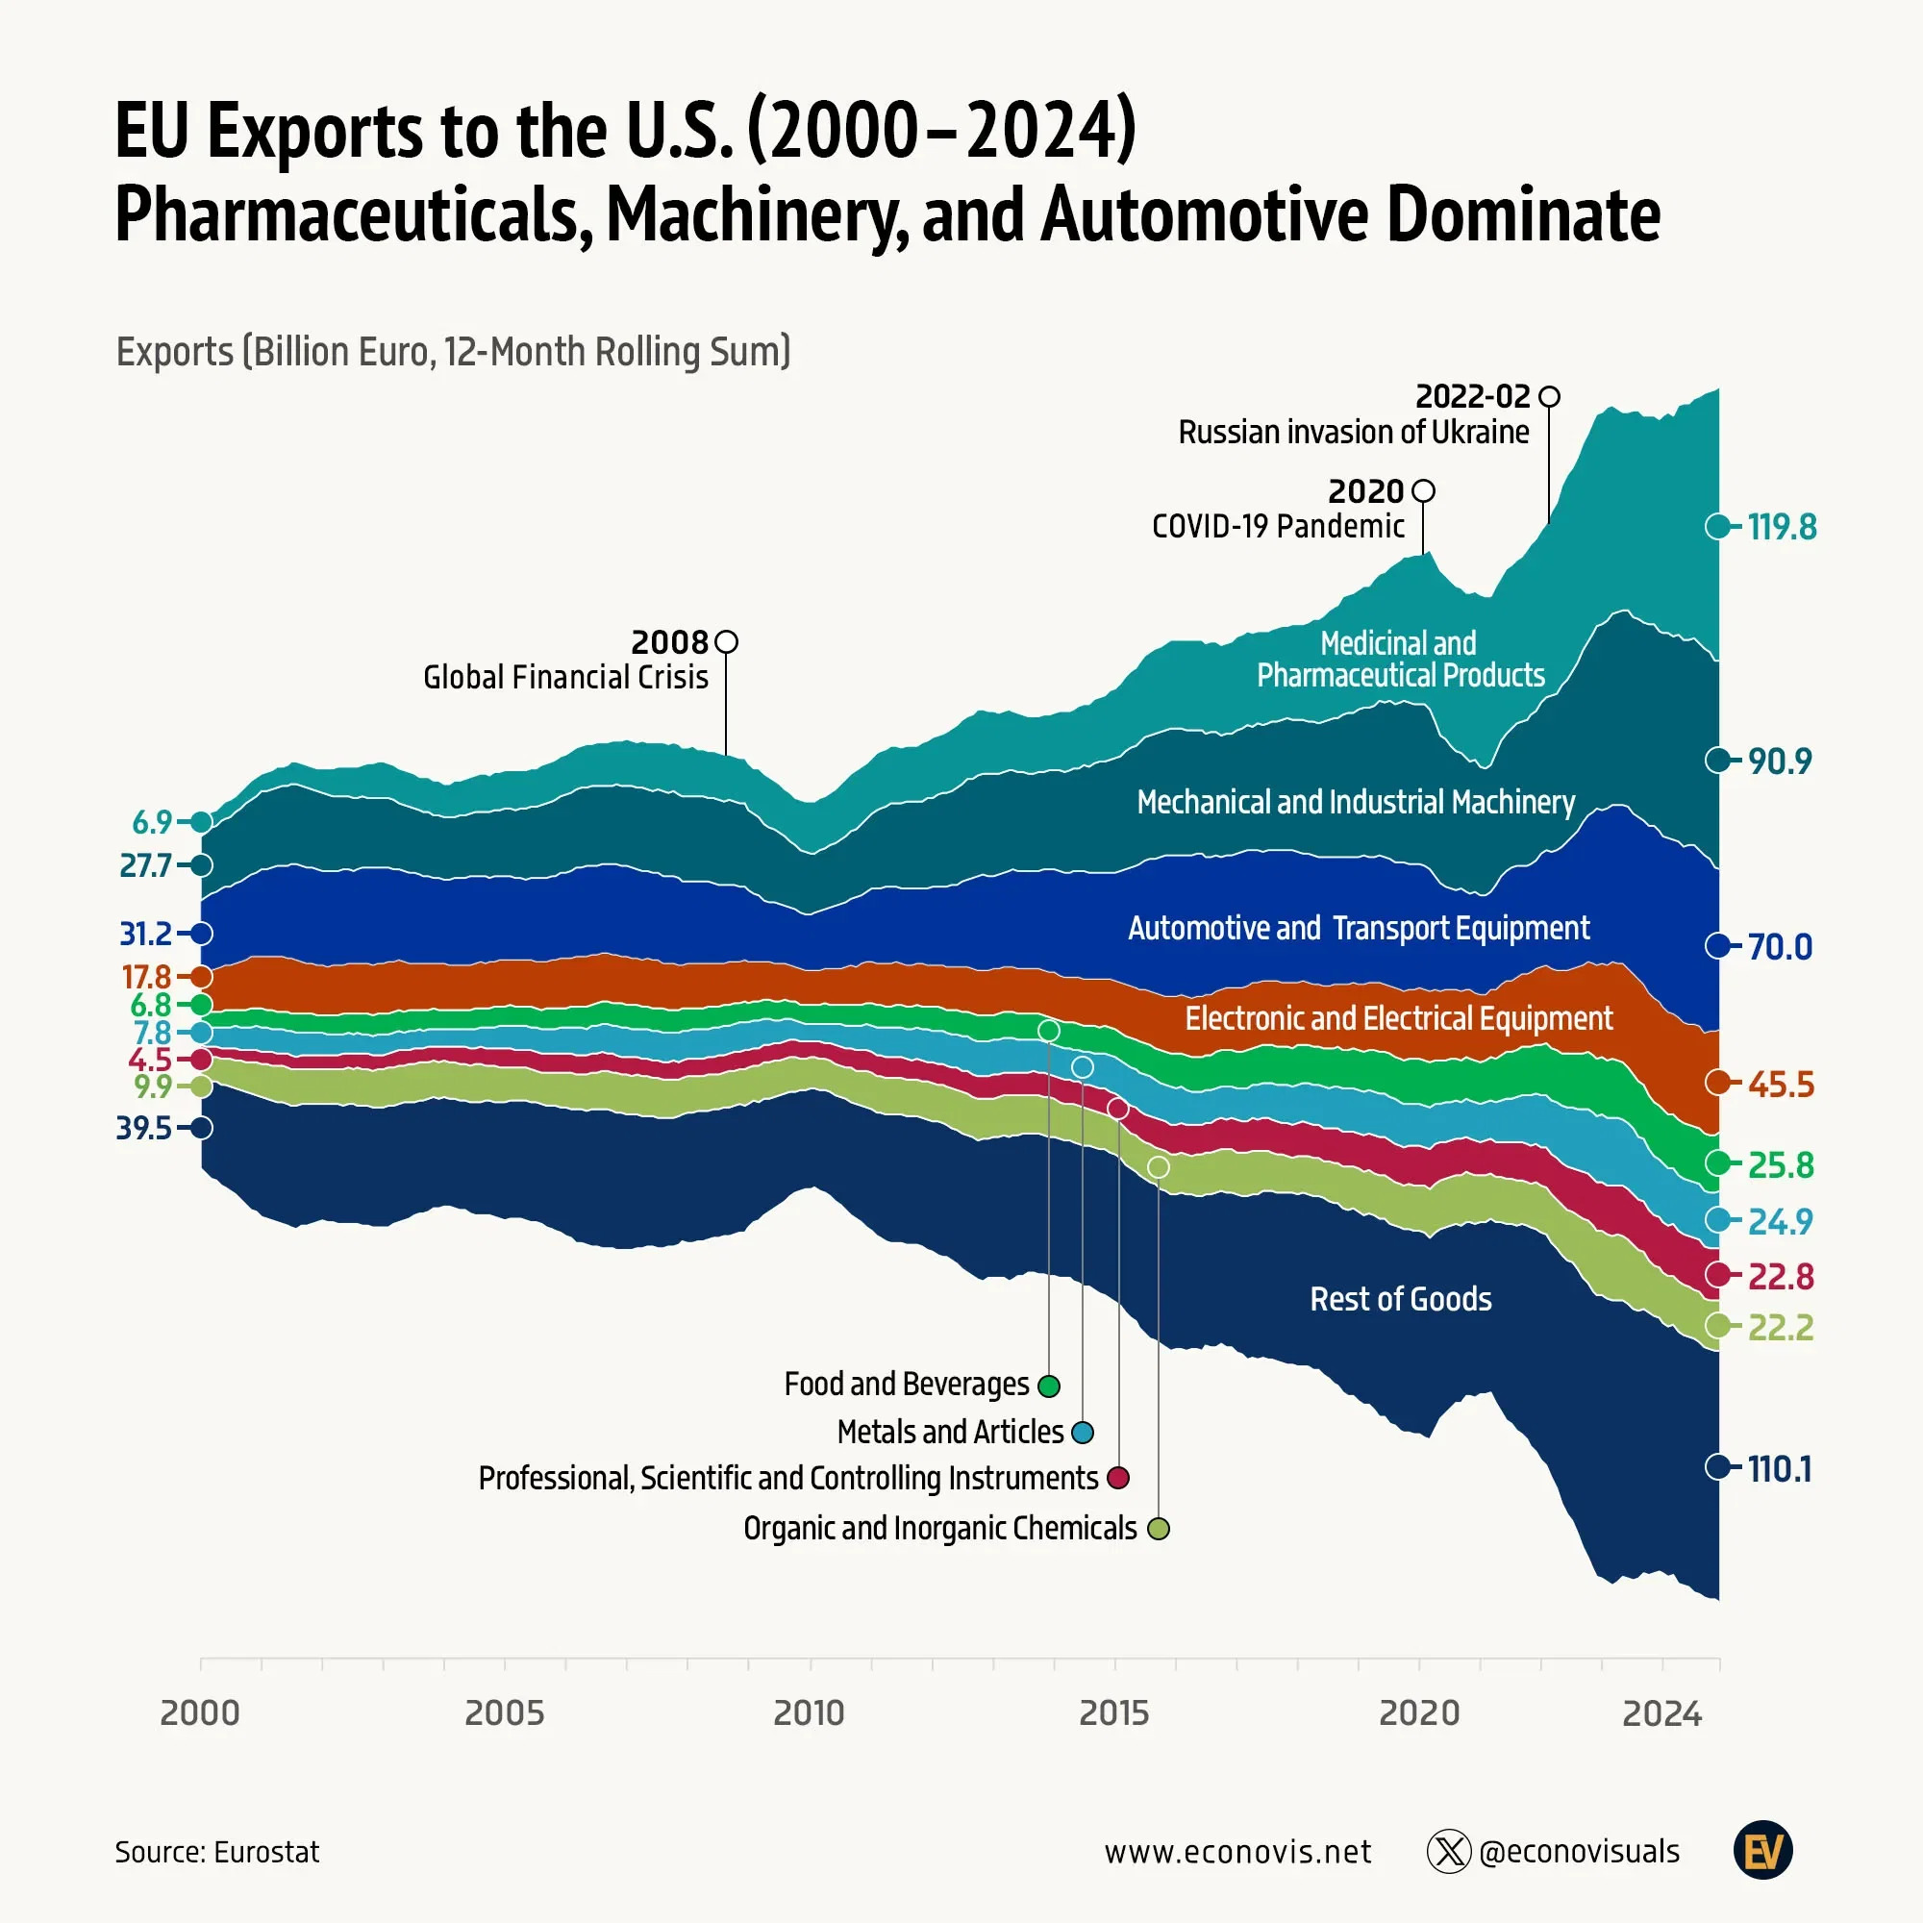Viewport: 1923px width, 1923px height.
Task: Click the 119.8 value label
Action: tap(1782, 527)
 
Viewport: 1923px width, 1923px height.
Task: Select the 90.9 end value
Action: tap(1780, 762)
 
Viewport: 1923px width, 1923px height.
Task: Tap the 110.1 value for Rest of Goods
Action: tap(1780, 1468)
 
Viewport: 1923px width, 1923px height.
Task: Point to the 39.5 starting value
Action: tap(145, 1128)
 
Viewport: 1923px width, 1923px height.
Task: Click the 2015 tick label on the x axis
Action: tap(1113, 1713)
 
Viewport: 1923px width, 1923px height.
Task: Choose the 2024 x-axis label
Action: tap(1662, 1713)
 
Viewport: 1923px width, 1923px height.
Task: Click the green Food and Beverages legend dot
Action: tap(1048, 1386)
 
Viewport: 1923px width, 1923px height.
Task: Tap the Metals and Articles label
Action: tap(951, 1432)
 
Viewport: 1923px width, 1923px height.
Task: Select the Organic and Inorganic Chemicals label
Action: tap(939, 1528)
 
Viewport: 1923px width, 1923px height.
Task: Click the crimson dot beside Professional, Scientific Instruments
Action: tap(1119, 1477)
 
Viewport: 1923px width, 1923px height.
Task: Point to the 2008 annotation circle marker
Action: tap(727, 642)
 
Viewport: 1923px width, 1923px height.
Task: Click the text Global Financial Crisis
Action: tap(565, 677)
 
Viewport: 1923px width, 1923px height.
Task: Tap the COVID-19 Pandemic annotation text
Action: tap(1278, 526)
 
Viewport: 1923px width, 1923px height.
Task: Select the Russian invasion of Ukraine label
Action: tap(1354, 432)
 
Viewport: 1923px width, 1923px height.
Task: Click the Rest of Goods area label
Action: tap(1401, 1299)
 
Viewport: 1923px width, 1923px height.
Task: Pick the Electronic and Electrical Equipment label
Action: tap(1398, 1018)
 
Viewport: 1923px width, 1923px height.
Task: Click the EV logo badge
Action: tap(1762, 1850)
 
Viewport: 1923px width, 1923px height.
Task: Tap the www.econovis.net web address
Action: tap(1237, 1851)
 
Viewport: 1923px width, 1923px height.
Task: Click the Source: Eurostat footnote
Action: tap(217, 1851)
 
